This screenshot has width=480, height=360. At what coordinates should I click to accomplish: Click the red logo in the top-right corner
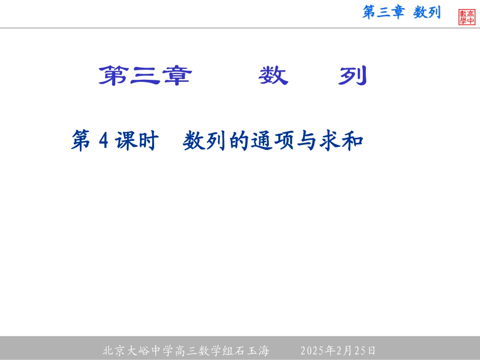pos(467,17)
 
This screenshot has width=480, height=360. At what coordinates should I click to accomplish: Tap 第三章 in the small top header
pos(383,13)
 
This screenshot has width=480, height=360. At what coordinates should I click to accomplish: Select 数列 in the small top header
pos(427,13)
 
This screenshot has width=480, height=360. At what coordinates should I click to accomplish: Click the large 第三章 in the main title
pos(145,76)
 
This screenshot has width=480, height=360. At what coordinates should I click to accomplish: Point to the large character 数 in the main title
pos(273,76)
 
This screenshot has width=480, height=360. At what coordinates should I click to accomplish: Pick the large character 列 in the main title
pos(352,76)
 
